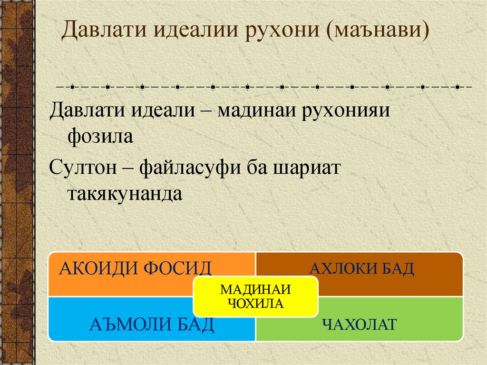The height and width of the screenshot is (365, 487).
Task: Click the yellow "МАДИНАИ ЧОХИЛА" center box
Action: [255, 296]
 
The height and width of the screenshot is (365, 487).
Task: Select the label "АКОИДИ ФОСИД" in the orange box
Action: [135, 268]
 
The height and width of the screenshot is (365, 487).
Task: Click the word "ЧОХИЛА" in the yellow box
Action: [255, 303]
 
